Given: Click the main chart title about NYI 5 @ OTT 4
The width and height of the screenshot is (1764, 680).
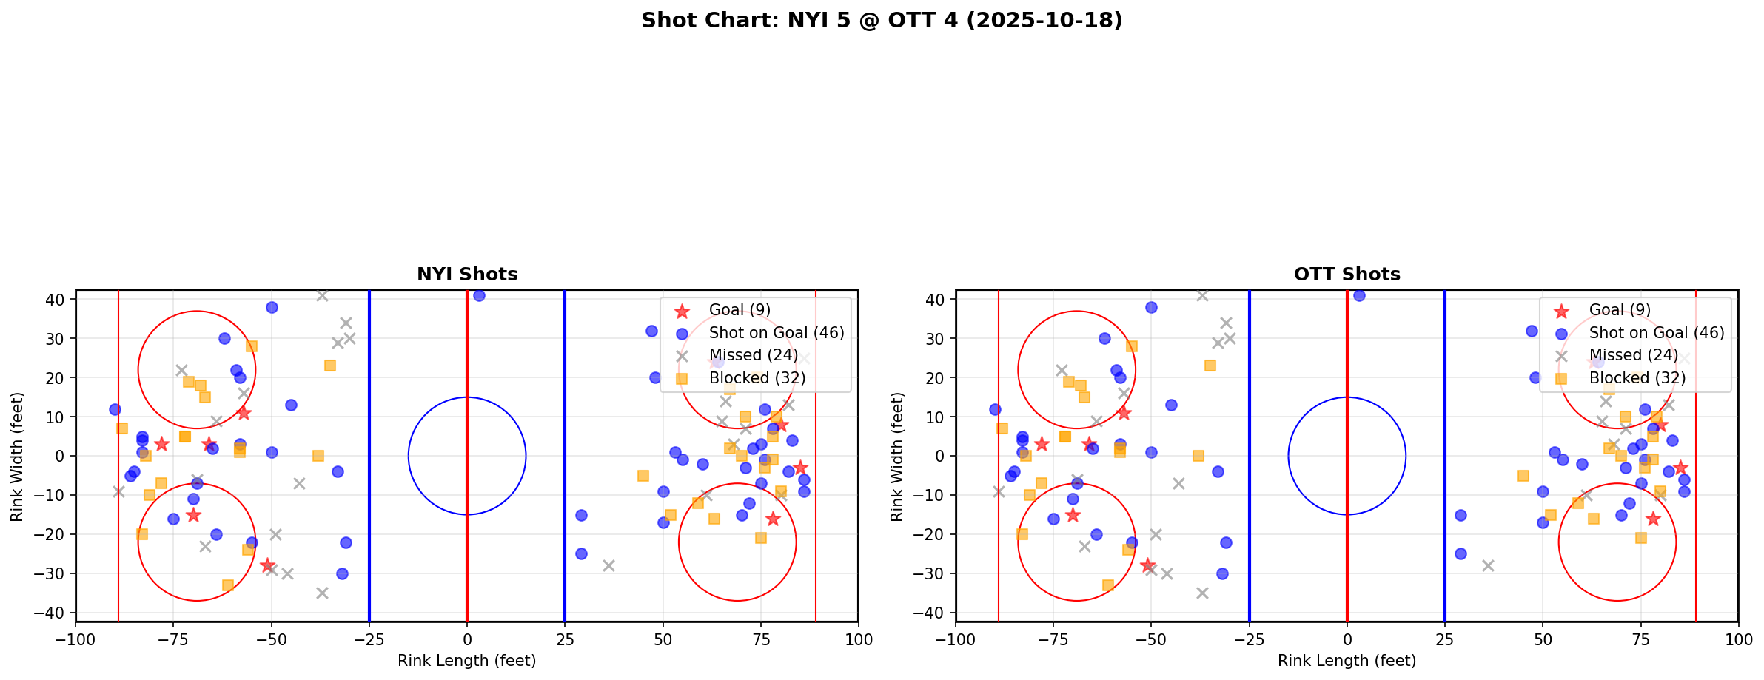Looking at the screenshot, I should (x=882, y=21).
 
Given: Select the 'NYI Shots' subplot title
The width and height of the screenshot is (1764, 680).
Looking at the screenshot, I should (x=467, y=275).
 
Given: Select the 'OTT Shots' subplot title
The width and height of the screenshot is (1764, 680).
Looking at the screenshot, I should (x=1347, y=275).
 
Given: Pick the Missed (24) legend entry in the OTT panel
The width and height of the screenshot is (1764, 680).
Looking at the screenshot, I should (x=1637, y=355).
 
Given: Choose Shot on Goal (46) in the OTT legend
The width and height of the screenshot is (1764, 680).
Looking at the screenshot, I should (x=1656, y=333).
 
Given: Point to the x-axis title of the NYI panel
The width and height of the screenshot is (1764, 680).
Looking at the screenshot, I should (x=467, y=661).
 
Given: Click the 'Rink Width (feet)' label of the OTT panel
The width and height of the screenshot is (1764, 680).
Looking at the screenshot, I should (x=898, y=456).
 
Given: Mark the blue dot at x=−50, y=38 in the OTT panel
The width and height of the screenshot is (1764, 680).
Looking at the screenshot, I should (x=1151, y=307).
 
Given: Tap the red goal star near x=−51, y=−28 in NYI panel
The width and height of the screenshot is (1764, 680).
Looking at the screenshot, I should (x=267, y=565).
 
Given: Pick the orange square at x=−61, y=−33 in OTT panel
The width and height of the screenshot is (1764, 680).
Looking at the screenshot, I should (x=1108, y=585).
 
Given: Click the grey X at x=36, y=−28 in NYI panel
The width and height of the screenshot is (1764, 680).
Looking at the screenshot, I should (x=608, y=565).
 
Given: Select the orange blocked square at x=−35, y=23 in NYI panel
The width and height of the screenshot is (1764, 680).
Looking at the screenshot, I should (x=330, y=366).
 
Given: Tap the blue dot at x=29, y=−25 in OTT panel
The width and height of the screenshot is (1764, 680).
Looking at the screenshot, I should (x=1461, y=553).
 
